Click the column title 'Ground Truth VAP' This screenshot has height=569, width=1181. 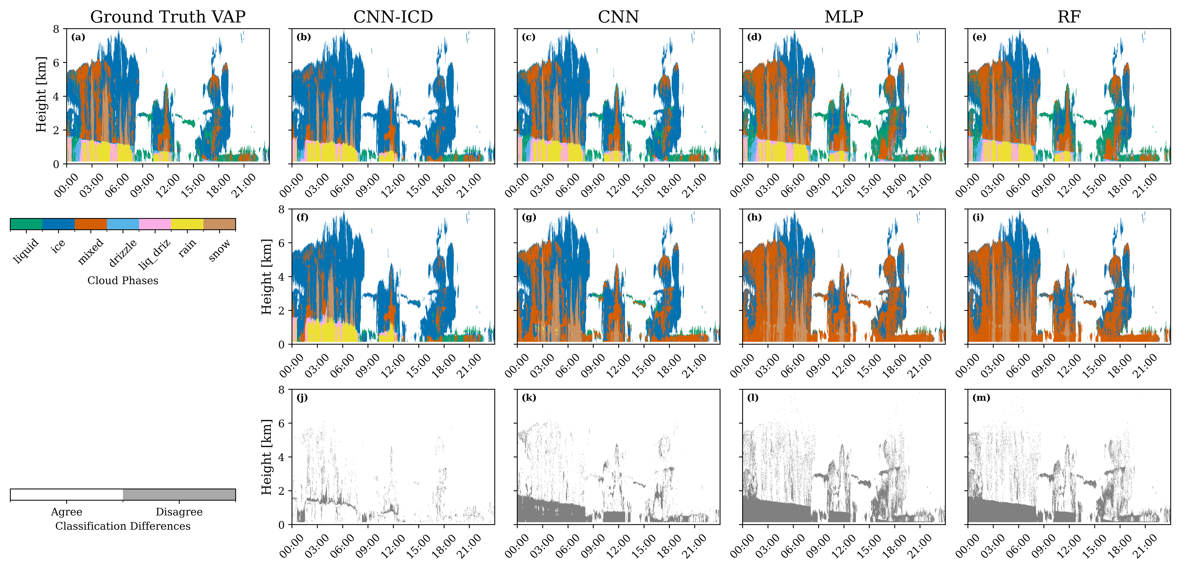[168, 17]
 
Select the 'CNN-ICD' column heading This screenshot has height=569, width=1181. [393, 17]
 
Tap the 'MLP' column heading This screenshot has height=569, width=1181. [844, 17]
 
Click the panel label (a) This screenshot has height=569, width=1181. [78, 37]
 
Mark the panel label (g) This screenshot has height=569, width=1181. [529, 218]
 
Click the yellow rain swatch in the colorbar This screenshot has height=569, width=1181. [187, 224]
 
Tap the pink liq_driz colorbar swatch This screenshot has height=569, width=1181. [155, 224]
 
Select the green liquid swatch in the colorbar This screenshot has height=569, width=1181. [26, 224]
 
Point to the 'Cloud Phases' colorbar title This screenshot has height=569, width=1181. [123, 280]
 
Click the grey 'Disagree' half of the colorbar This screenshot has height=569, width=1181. [179, 495]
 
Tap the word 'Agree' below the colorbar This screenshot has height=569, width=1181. [66, 512]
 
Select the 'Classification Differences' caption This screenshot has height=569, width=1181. [123, 526]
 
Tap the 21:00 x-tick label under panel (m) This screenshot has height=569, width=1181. [1145, 546]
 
